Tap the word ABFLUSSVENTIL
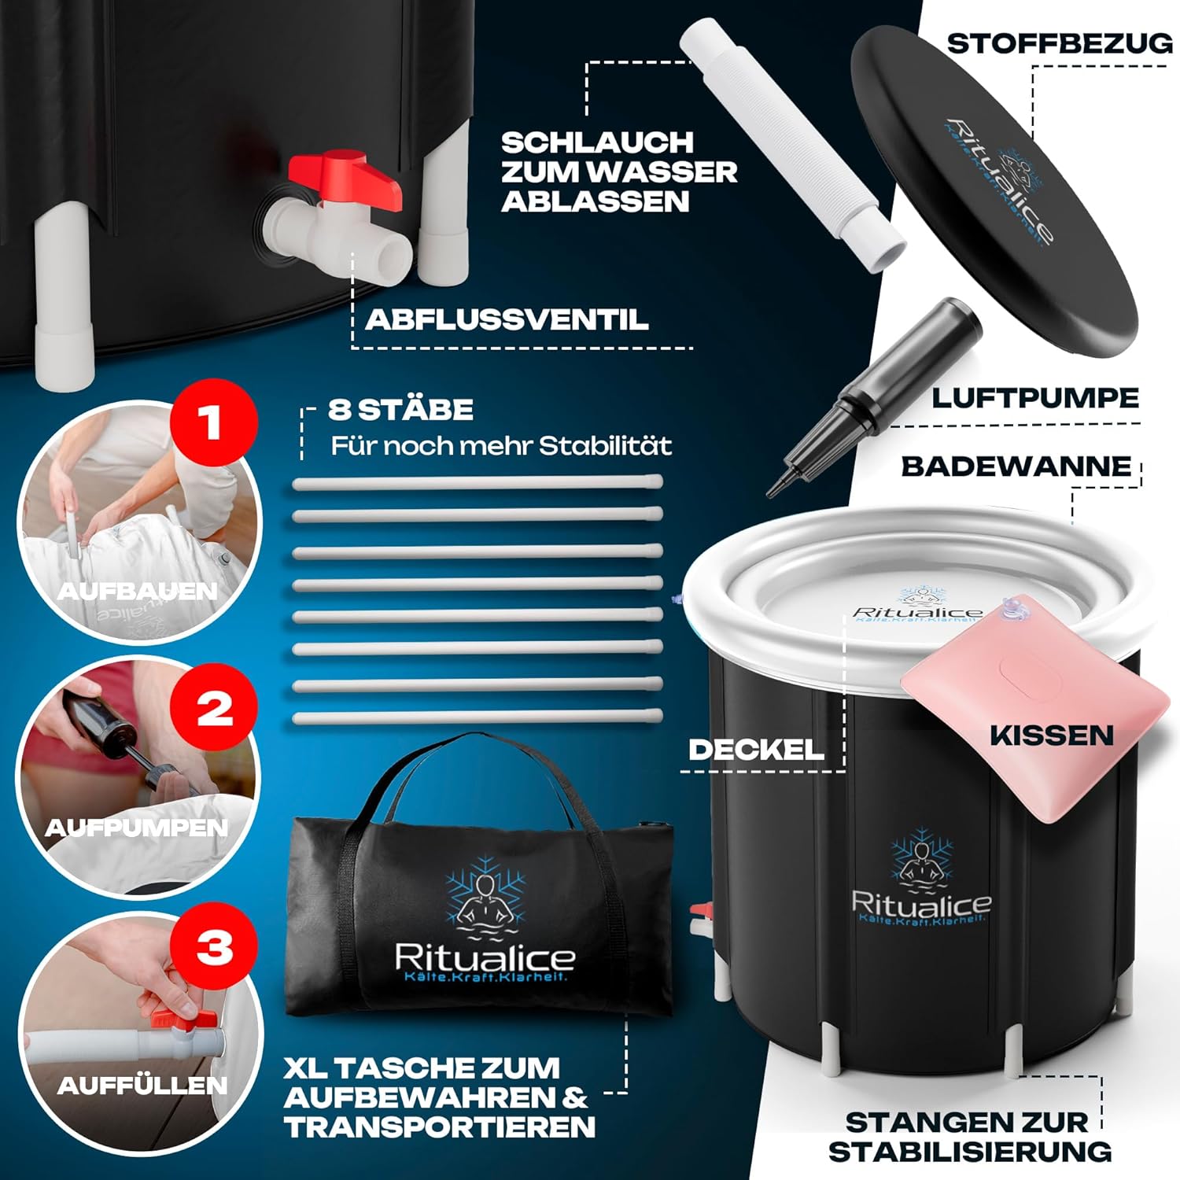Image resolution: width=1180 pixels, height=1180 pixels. click(x=507, y=319)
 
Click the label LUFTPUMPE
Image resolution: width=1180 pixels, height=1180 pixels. click(x=1035, y=398)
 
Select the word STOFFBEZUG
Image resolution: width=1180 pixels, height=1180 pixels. click(x=1060, y=44)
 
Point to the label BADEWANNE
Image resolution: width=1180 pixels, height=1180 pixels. click(x=1016, y=466)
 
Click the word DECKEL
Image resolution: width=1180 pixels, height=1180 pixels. click(x=756, y=750)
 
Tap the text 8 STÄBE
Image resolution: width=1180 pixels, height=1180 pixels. click(x=400, y=409)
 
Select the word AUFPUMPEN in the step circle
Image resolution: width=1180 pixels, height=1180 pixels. click(x=137, y=828)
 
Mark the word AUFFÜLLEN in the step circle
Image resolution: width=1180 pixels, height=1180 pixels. click(x=142, y=1086)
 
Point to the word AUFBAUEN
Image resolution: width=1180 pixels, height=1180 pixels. click(x=138, y=591)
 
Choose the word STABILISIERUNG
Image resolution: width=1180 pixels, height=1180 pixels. click(x=970, y=1152)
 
